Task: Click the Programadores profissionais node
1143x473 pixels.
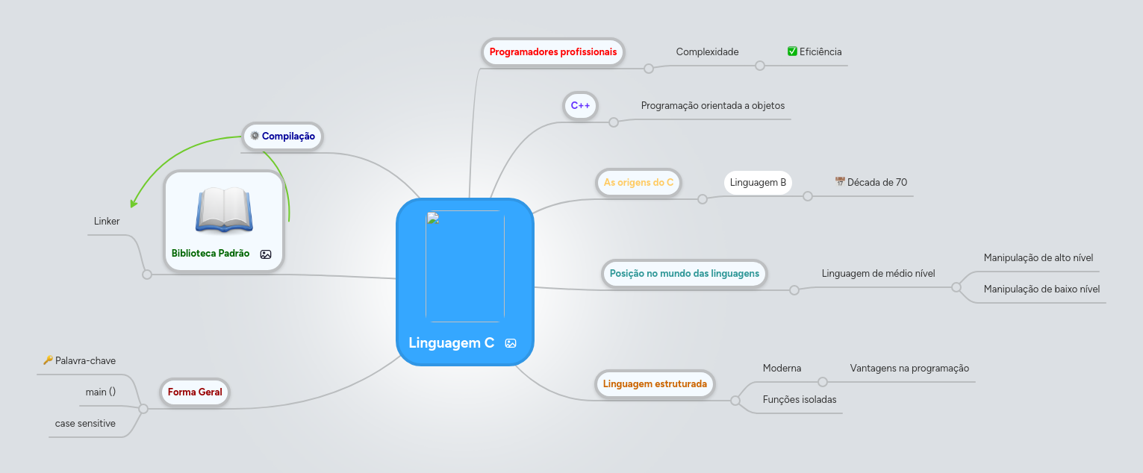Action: pyautogui.click(x=552, y=52)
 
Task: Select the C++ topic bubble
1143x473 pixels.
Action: pyautogui.click(x=580, y=106)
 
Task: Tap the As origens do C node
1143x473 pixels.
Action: pyautogui.click(x=638, y=182)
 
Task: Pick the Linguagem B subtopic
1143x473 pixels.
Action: pyautogui.click(x=758, y=182)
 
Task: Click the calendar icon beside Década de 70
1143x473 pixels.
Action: pyautogui.click(x=840, y=182)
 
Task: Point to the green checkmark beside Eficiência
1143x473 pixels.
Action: pyautogui.click(x=793, y=51)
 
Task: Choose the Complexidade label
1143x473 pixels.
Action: pyautogui.click(x=707, y=52)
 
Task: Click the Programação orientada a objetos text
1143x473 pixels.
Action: pyautogui.click(x=712, y=106)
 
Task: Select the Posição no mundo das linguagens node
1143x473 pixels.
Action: pyautogui.click(x=684, y=274)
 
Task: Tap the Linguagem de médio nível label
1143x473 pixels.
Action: pyautogui.click(x=878, y=274)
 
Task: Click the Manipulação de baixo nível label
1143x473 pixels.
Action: pyautogui.click(x=1041, y=289)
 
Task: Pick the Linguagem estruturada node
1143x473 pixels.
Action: pyautogui.click(x=655, y=384)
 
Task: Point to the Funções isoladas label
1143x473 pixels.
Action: pyautogui.click(x=799, y=400)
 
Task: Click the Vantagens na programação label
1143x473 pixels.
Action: pyautogui.click(x=909, y=369)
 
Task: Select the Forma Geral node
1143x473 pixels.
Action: pyautogui.click(x=195, y=392)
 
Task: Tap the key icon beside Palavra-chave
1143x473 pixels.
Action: pyautogui.click(x=48, y=360)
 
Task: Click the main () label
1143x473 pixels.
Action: pyautogui.click(x=101, y=392)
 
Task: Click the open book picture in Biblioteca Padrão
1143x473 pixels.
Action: pyautogui.click(x=224, y=209)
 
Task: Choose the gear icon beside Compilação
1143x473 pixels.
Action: pyautogui.click(x=255, y=136)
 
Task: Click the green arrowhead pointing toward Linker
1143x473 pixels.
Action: pyautogui.click(x=134, y=202)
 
